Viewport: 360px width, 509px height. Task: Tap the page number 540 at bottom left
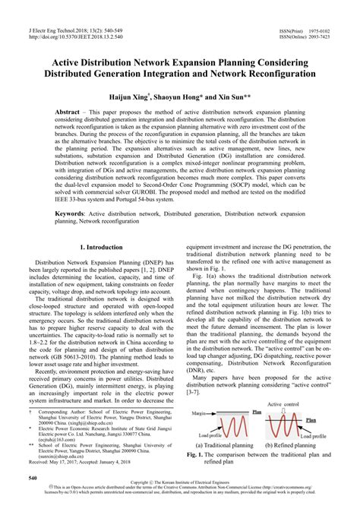pos(33,478)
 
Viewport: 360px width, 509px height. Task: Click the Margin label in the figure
pos(200,415)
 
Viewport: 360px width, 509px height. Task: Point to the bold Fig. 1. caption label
pos(199,454)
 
